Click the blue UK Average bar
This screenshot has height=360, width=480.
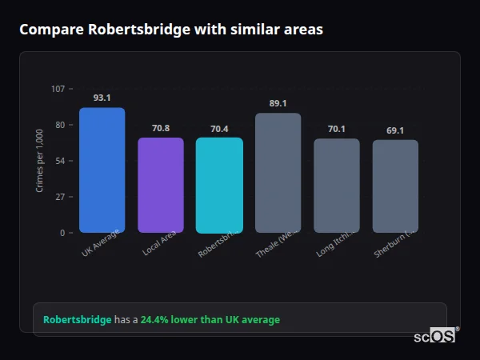pos(102,170)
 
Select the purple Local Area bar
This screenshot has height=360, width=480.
pos(161,185)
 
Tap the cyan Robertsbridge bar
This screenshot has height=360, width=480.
pos(219,185)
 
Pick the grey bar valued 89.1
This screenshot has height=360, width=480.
pos(278,173)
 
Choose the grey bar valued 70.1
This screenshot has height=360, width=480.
pos(336,186)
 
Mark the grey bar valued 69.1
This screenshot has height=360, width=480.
pos(395,186)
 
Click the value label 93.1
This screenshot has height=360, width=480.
pos(102,98)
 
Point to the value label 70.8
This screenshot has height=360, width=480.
pos(161,128)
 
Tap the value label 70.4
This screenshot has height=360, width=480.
pos(219,129)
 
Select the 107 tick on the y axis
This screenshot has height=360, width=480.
pos(58,89)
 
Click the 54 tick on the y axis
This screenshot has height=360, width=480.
pos(60,161)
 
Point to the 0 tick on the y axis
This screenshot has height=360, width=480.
pos(62,233)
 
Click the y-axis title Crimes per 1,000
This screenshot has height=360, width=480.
pos(40,161)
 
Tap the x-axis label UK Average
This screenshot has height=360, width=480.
pos(100,243)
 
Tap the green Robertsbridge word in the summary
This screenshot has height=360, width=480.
pos(78,320)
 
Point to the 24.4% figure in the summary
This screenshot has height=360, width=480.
pos(155,320)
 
